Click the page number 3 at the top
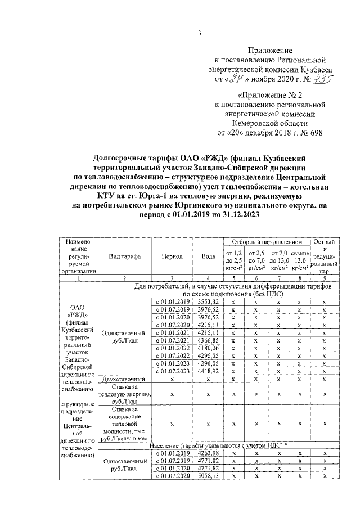(199, 33)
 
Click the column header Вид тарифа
(124, 256)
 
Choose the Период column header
(172, 256)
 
